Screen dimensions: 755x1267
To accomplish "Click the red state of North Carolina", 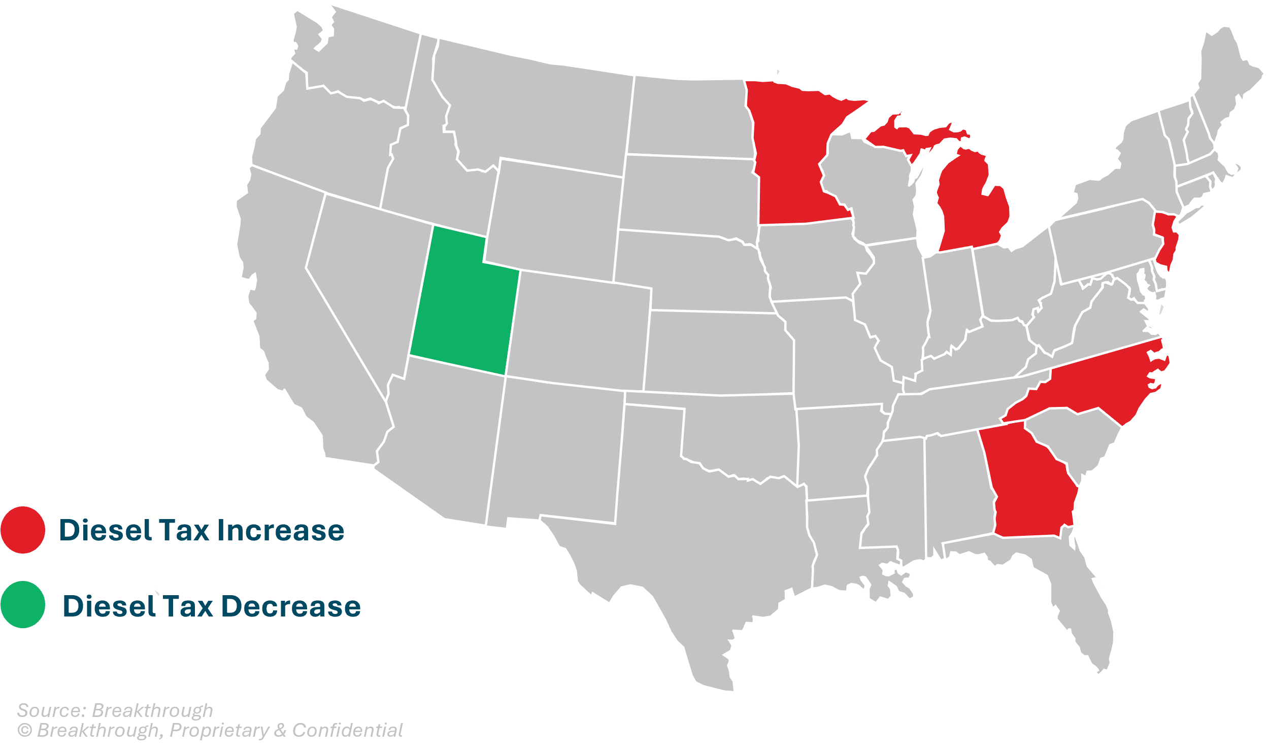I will (x=1094, y=387).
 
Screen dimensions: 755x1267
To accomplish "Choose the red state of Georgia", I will (x=1028, y=484).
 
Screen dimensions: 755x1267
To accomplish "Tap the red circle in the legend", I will (x=23, y=530).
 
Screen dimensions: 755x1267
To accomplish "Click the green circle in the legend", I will (x=23, y=605).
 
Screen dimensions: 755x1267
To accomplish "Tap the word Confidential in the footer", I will (x=348, y=730).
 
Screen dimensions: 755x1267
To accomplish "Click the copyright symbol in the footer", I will (x=24, y=731).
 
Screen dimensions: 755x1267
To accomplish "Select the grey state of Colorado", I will (x=580, y=331).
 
